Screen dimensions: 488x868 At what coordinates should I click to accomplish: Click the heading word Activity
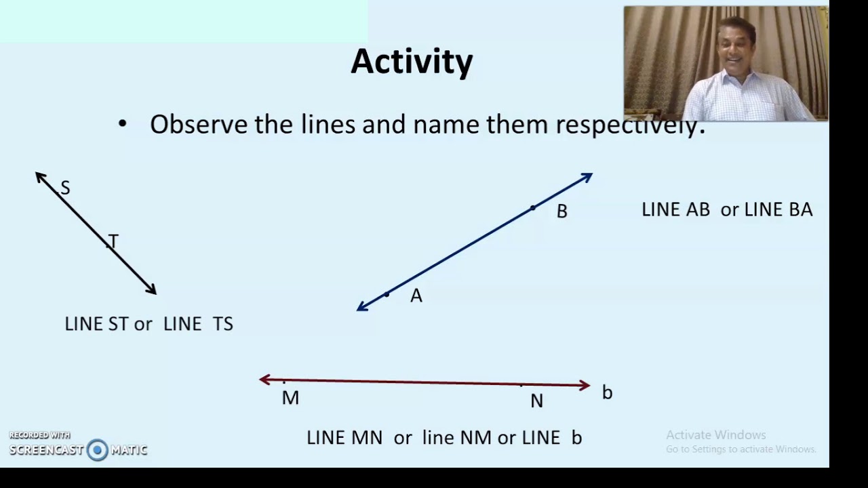click(x=412, y=62)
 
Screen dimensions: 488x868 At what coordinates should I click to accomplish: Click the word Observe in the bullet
click(x=199, y=125)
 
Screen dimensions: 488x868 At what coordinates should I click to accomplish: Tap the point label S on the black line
click(x=65, y=188)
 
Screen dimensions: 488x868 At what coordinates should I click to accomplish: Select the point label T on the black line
click(x=113, y=241)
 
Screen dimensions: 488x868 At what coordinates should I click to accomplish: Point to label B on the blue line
click(x=561, y=211)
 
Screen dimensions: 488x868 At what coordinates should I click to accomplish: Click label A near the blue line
click(x=416, y=296)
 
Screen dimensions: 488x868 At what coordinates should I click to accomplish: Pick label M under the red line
click(x=290, y=399)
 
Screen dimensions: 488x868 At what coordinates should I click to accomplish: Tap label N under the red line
click(x=536, y=402)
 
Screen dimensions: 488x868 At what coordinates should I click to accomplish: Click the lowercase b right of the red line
click(x=607, y=392)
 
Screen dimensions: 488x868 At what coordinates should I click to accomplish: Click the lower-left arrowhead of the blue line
click(x=362, y=307)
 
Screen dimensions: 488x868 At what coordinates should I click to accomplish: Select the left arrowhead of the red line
click(x=265, y=380)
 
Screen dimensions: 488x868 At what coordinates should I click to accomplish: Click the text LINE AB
click(x=675, y=210)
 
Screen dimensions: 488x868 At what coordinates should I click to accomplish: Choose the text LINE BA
click(x=778, y=210)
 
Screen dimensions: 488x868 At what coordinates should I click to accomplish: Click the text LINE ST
click(x=96, y=324)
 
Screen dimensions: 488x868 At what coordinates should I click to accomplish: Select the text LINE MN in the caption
click(x=344, y=438)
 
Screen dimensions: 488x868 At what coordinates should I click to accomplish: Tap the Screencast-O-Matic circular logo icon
click(x=98, y=449)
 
